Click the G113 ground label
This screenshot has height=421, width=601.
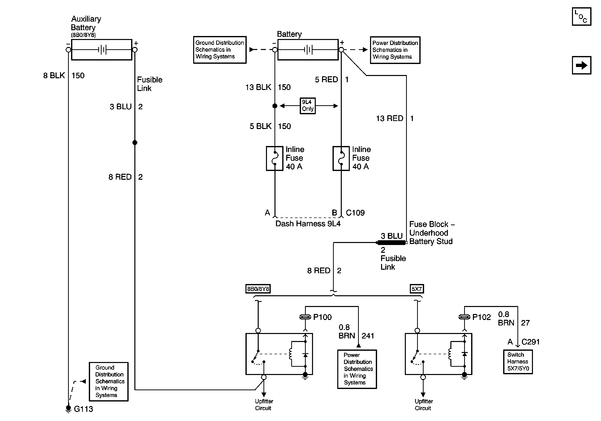point(83,409)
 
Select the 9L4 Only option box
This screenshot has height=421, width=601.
point(308,106)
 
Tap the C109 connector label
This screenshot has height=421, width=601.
point(355,212)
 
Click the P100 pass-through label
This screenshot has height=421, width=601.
point(322,317)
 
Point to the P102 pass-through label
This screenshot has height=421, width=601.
point(481,317)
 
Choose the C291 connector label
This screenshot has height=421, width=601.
point(531,342)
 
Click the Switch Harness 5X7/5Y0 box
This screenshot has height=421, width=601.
point(518,362)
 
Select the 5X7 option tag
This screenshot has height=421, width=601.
point(416,289)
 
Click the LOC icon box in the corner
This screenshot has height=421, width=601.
point(581,17)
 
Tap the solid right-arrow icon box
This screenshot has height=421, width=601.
point(581,65)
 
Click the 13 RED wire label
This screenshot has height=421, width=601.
point(390,118)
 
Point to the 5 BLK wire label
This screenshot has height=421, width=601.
point(260,126)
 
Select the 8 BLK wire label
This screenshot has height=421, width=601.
point(54,75)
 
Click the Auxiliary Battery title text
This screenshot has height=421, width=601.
point(86,23)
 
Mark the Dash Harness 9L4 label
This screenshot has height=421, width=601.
point(308,223)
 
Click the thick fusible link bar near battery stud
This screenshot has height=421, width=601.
point(391,243)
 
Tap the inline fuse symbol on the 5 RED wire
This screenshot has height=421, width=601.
point(341,158)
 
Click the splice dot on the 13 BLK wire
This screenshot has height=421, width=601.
point(274,106)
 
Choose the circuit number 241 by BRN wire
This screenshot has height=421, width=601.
point(368,336)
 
